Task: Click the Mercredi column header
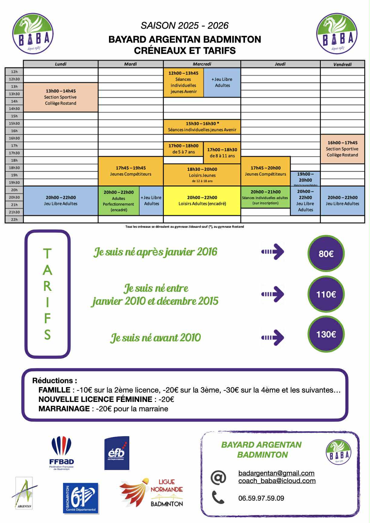point(202,64)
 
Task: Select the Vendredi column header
point(342,64)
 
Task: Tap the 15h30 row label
point(14,123)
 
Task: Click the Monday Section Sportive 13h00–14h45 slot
point(61,97)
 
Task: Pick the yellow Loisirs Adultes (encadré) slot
point(202,200)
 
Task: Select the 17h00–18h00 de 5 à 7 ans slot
point(183,149)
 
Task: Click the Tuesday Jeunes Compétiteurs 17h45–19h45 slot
point(130,171)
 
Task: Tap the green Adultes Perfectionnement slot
point(119,201)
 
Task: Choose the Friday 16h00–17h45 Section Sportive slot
point(342,149)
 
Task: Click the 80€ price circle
point(326,254)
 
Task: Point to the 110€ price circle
point(326,294)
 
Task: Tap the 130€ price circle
point(326,334)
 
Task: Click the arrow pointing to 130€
point(273,337)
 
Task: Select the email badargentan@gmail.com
point(276,473)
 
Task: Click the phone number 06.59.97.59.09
point(261,498)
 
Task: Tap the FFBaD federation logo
point(62,453)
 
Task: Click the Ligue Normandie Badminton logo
point(151,493)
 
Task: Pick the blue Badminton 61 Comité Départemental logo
point(81,498)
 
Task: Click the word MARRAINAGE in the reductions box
point(64,409)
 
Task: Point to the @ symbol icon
point(218,478)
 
